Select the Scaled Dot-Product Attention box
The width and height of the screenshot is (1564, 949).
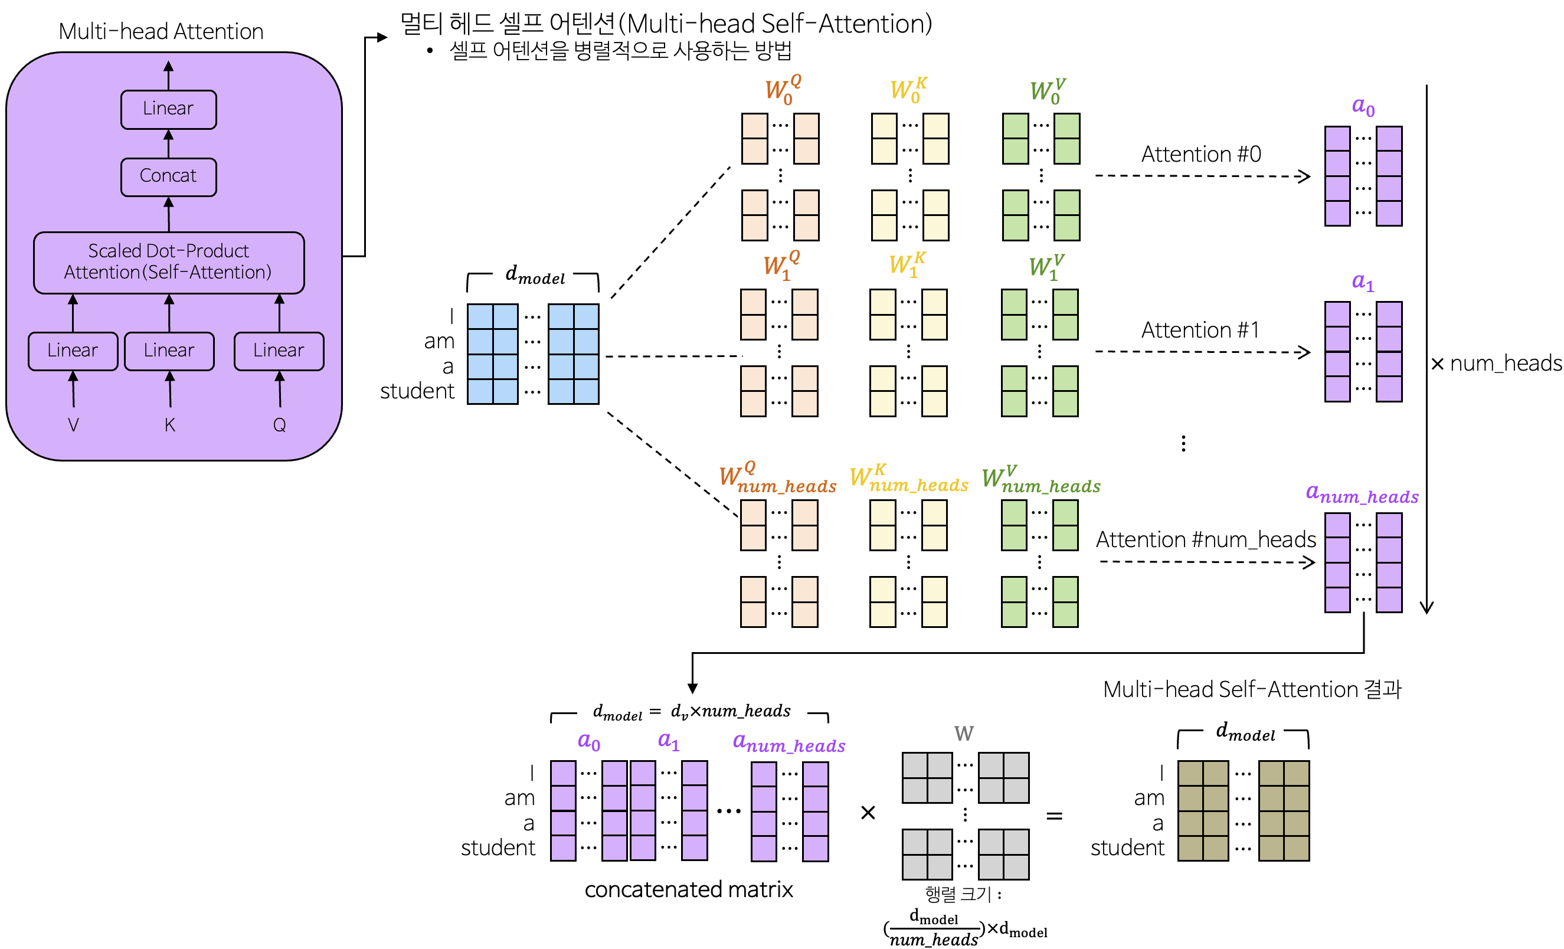point(168,262)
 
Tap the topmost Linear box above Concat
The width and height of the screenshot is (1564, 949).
point(168,109)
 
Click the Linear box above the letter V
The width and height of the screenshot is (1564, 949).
point(73,351)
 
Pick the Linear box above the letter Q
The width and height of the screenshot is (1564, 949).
point(279,351)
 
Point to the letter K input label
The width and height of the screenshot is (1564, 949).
point(169,425)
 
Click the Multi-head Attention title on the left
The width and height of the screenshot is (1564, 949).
point(161,31)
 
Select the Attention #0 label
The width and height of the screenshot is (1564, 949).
point(1201,154)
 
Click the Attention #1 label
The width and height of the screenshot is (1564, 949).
point(1200,330)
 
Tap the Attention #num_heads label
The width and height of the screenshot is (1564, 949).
point(1206,539)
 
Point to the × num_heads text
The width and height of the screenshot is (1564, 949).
point(1496,363)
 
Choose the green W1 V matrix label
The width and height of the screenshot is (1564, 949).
point(1046,267)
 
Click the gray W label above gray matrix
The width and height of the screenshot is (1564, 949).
point(964,734)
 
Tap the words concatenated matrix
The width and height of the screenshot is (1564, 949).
point(689,890)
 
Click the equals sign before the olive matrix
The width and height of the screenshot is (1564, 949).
point(1054,815)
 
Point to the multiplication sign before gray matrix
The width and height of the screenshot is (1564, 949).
point(868,813)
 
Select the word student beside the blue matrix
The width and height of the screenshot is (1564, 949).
point(417,391)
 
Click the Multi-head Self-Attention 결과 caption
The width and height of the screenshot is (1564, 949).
point(1252,689)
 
